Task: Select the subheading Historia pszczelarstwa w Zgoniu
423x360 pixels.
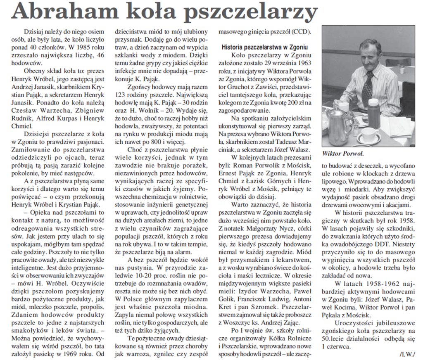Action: (264, 47)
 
